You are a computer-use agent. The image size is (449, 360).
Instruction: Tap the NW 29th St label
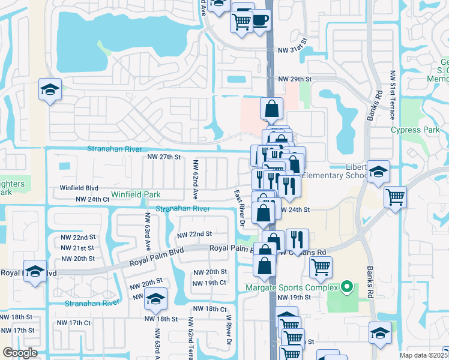295,79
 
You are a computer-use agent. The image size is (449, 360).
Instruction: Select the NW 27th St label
164,157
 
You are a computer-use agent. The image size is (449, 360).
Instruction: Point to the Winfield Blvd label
79,188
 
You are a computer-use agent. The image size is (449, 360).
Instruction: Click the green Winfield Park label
136,195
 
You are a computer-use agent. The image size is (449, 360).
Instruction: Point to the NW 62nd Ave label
196,179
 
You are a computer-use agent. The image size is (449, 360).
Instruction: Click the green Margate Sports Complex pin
346,287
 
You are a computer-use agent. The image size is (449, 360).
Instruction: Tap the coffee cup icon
259,20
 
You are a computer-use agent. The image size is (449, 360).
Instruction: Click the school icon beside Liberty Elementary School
378,172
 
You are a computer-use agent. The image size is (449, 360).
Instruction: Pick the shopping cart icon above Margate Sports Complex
321,266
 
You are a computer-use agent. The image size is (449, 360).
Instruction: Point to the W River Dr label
228,329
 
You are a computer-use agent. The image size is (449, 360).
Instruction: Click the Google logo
20,353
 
